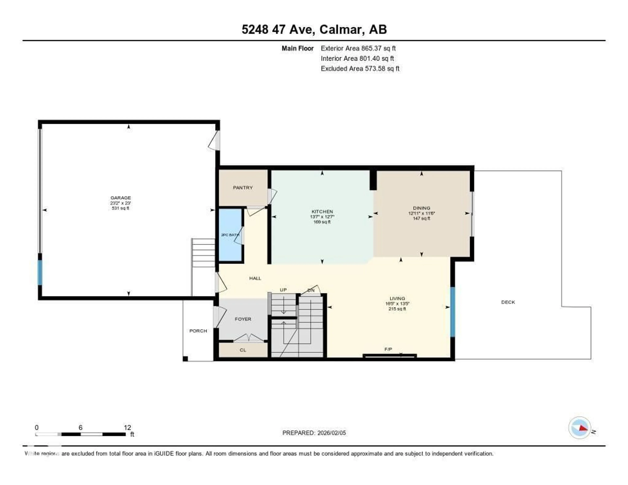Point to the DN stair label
(311, 290)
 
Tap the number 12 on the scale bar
(127, 427)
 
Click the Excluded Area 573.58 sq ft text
(360, 68)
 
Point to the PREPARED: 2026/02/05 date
(314, 433)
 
